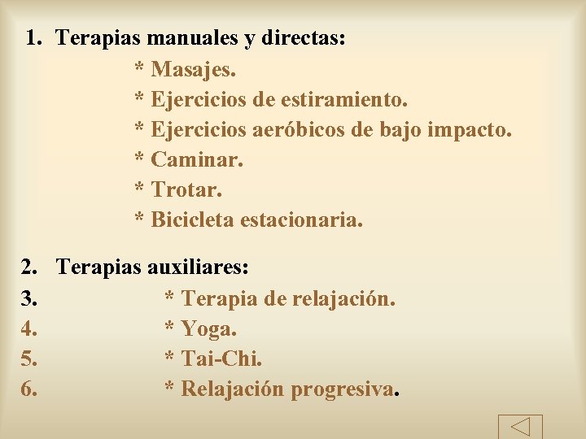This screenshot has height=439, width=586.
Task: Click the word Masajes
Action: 194,70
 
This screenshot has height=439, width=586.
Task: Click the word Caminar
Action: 197,160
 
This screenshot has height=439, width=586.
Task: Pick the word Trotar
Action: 187,190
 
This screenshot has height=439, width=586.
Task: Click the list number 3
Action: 28,298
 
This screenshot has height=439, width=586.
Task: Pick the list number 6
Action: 28,389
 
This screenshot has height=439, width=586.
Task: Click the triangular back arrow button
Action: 519,426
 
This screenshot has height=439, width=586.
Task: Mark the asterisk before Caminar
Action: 139,161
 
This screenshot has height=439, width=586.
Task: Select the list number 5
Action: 28,359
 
